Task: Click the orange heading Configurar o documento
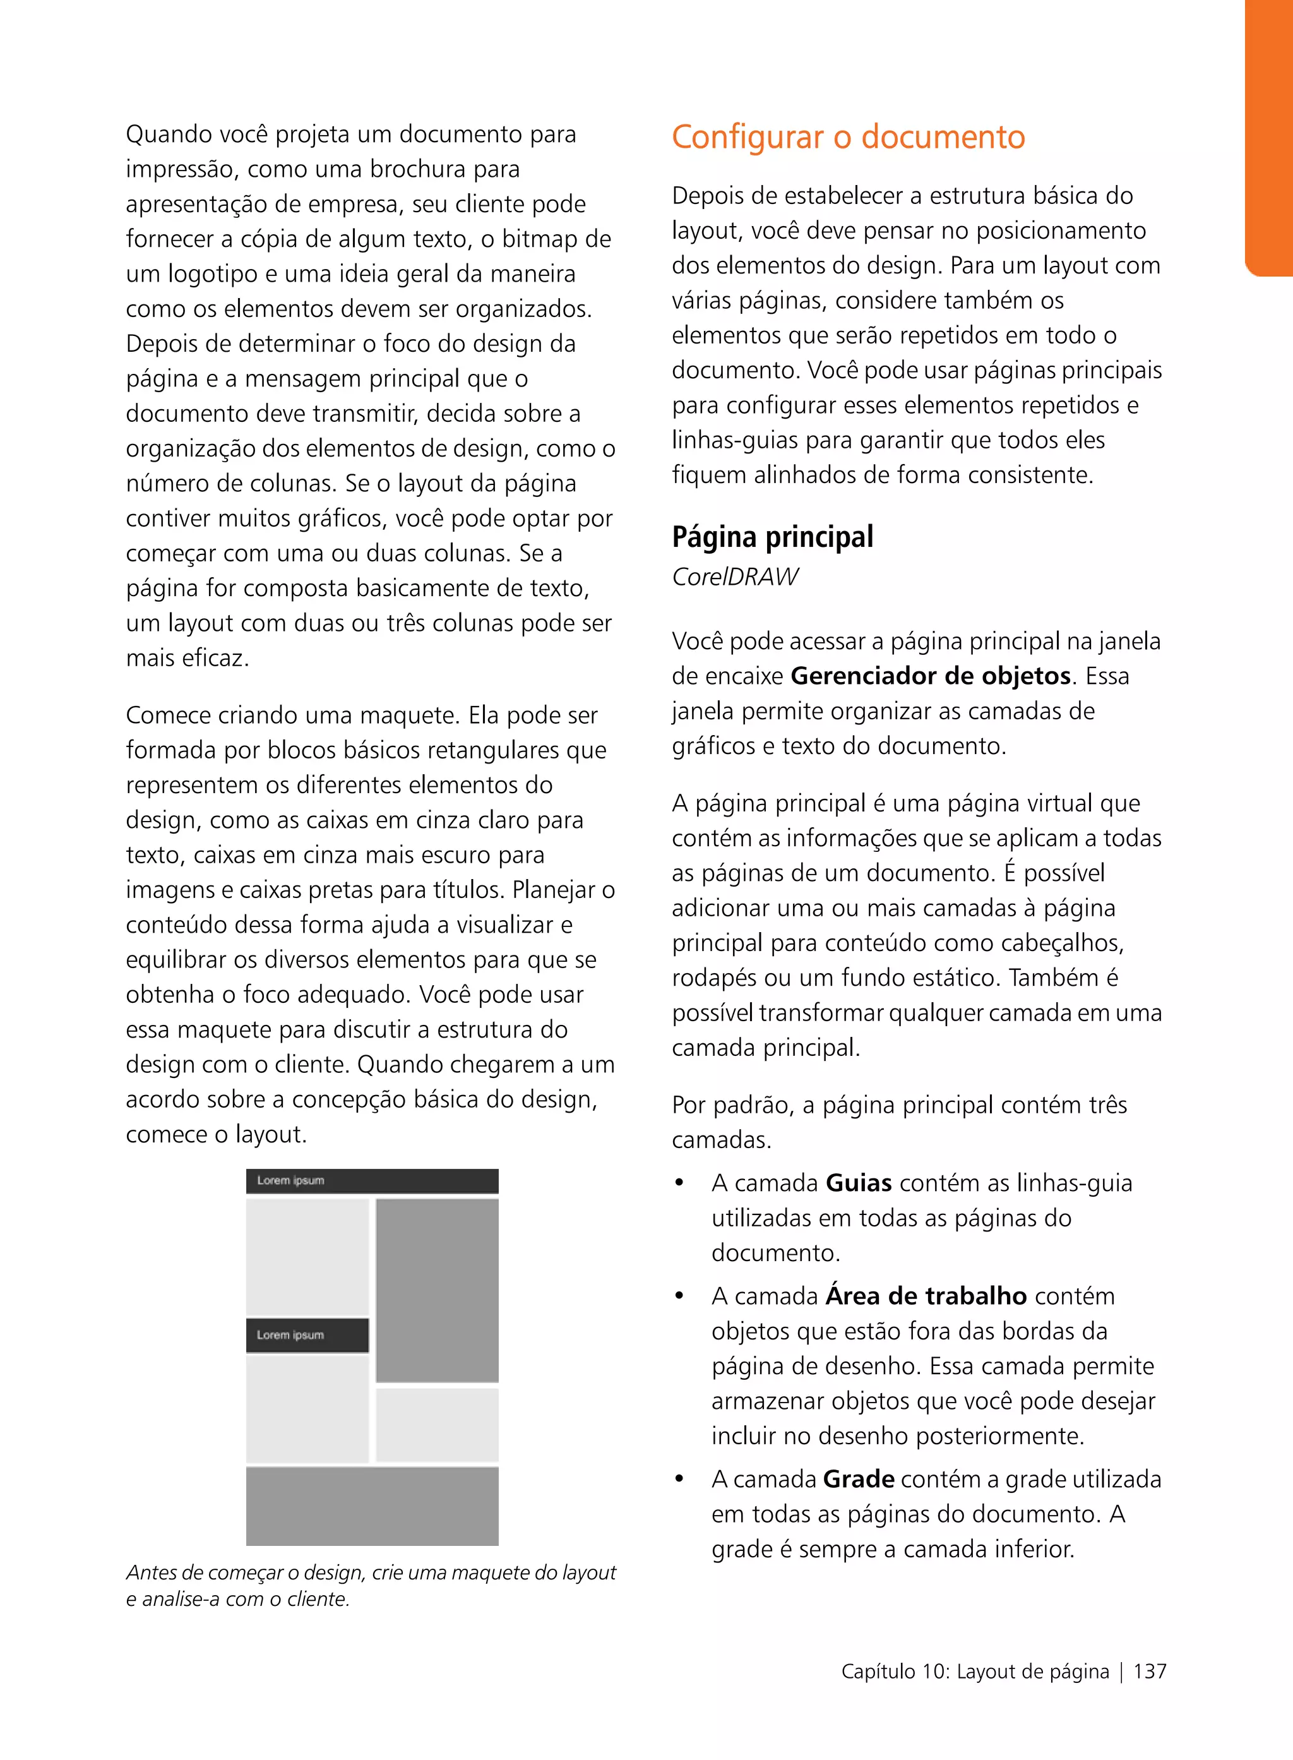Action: coord(848,137)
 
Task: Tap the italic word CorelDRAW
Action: coord(734,577)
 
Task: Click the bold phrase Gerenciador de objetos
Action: coord(930,676)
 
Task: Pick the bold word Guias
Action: coord(858,1182)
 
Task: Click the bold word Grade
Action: coord(858,1479)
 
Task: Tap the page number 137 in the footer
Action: coord(1149,1672)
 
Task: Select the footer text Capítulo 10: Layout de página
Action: coord(974,1672)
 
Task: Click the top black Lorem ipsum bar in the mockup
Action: coord(372,1181)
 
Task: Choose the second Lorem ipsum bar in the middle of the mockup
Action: coord(307,1335)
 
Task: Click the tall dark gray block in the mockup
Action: coord(437,1290)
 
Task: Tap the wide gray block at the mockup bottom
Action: coord(372,1506)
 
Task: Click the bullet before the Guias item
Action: coord(679,1183)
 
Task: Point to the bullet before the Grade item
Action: coord(679,1480)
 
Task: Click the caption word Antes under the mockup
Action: coord(150,1573)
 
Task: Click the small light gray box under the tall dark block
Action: coord(437,1425)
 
